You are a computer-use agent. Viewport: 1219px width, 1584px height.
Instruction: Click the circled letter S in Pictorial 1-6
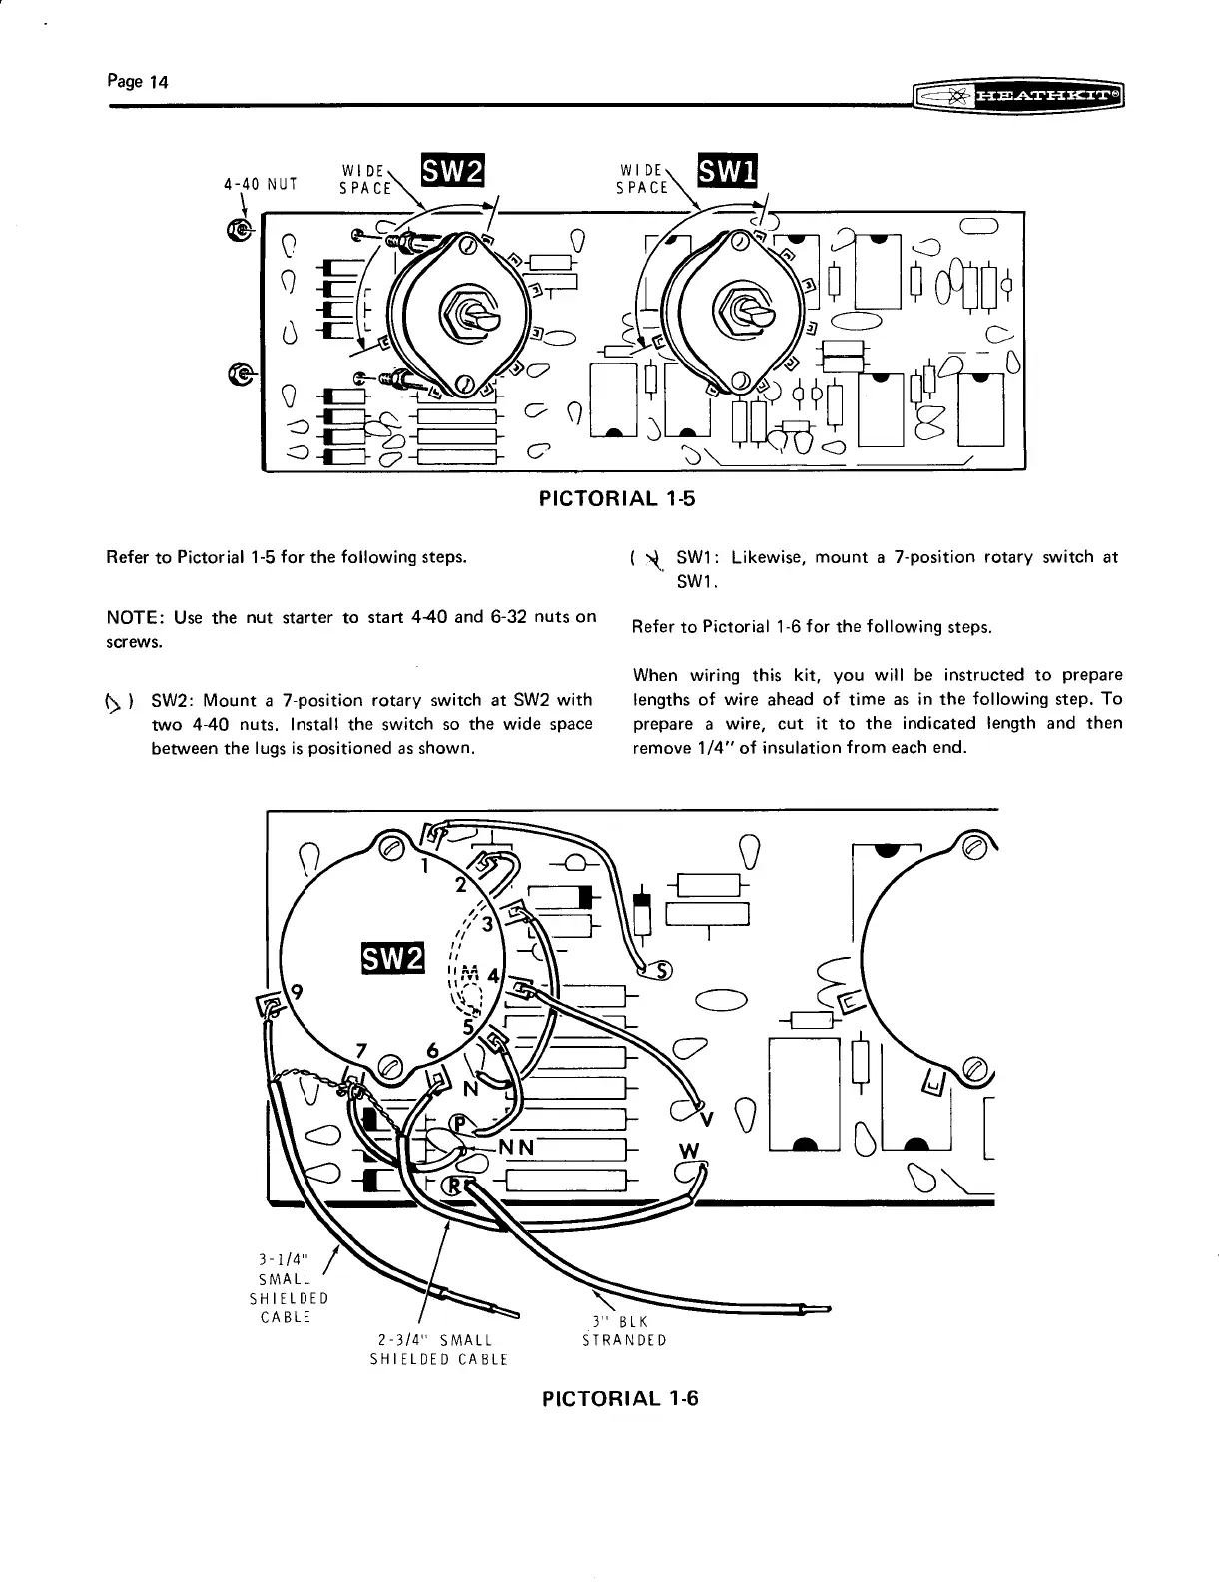[662, 969]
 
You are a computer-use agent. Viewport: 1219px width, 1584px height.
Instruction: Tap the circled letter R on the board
[457, 1186]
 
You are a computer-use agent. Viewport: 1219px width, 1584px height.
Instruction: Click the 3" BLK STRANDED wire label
[624, 1332]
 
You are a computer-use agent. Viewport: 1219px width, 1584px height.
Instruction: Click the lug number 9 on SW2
[297, 992]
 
